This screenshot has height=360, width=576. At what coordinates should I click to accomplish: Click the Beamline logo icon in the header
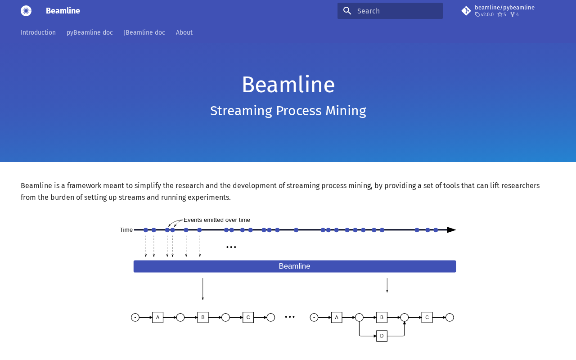tap(26, 11)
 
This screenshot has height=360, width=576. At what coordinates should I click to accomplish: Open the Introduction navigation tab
tap(38, 32)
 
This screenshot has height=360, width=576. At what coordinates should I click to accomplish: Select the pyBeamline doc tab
tap(90, 32)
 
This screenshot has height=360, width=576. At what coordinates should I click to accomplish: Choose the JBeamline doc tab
tap(144, 32)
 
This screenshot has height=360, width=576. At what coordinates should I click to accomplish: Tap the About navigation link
tap(184, 32)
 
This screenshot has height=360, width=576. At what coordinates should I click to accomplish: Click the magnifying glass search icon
tap(347, 11)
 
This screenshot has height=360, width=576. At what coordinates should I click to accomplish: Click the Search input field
tap(390, 11)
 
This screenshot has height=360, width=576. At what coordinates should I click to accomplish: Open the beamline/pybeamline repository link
tap(504, 8)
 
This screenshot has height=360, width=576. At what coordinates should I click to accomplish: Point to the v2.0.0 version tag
tap(484, 15)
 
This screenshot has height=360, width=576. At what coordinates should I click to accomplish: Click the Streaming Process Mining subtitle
tap(288, 111)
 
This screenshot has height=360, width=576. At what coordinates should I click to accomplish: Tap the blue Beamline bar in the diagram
tap(295, 266)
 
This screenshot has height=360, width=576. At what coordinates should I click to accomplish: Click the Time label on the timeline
tap(126, 229)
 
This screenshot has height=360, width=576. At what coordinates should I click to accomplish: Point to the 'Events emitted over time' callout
tap(217, 220)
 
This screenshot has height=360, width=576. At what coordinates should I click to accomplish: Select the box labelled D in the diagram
tap(382, 336)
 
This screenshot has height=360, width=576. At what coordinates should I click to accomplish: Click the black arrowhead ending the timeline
tap(451, 230)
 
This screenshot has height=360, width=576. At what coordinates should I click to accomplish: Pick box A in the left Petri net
tap(157, 317)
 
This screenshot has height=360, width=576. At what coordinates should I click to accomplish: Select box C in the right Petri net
tap(427, 317)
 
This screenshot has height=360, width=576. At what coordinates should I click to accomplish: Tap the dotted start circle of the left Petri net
tap(135, 317)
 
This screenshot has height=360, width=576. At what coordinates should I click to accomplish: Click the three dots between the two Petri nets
tap(290, 317)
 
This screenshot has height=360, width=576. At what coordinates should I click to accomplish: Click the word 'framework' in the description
tap(84, 185)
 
